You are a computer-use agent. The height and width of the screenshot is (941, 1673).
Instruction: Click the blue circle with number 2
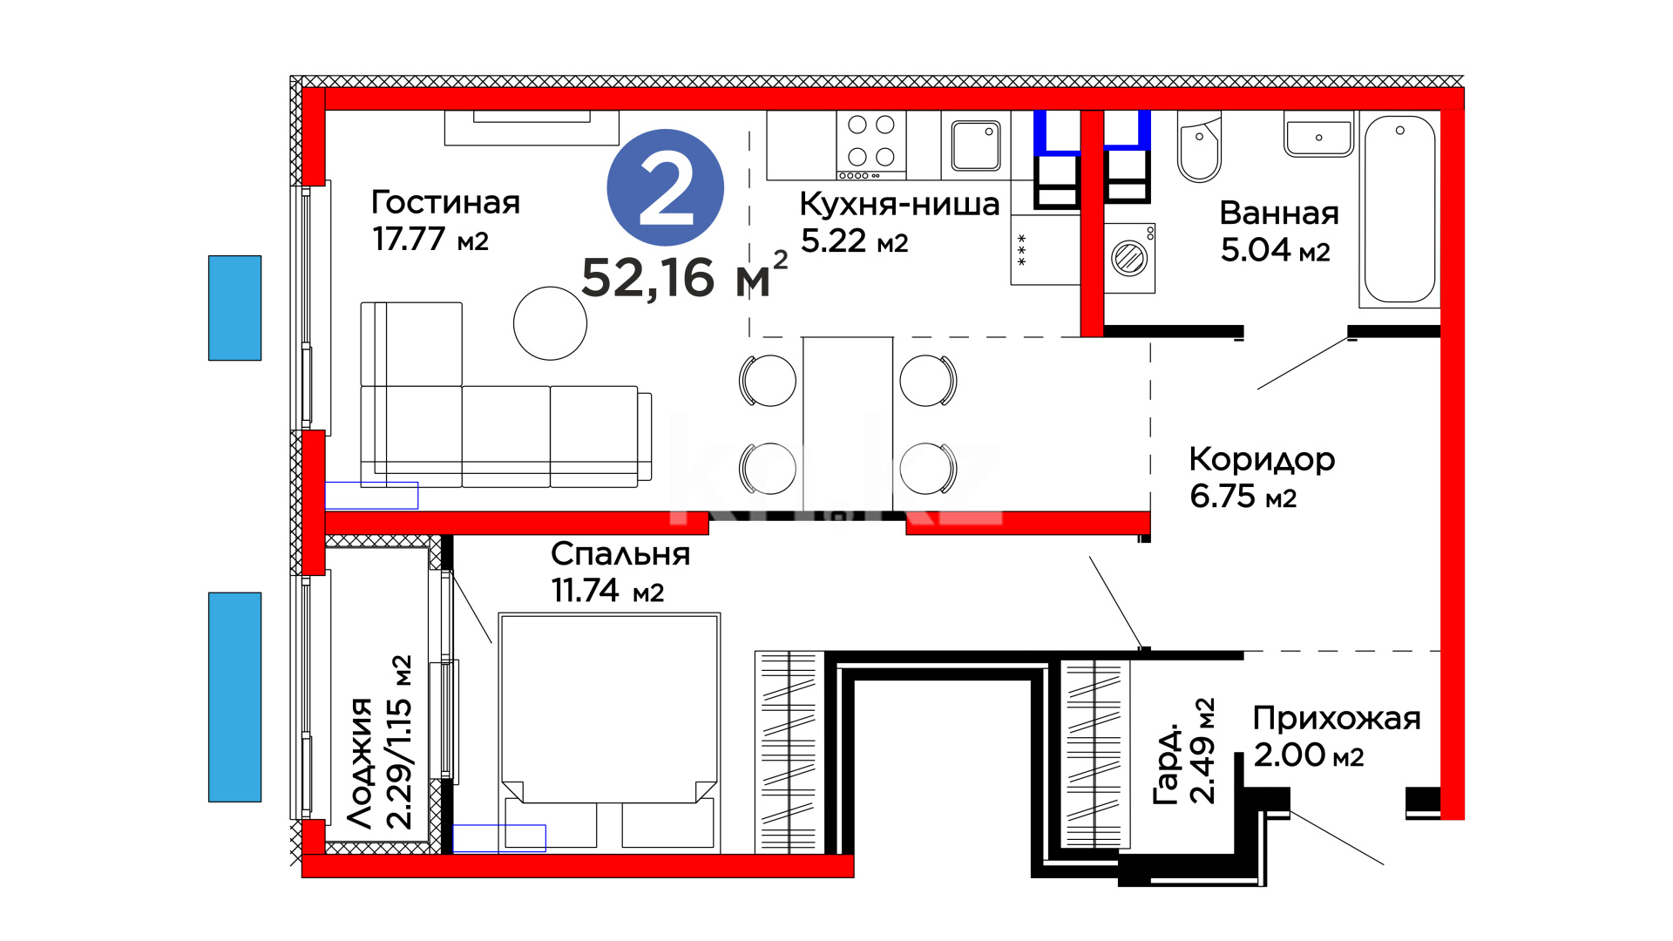point(666,187)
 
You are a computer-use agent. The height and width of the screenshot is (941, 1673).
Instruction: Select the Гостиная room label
point(445,202)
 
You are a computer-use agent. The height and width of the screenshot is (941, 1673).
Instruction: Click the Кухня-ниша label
point(899,204)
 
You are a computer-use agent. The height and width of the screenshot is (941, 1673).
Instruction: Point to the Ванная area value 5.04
point(1256,250)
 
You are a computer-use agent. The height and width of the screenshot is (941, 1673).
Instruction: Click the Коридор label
point(1262,459)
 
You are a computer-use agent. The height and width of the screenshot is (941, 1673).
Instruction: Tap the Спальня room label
point(620,554)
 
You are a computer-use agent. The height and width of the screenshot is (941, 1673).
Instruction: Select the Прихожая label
point(1337,719)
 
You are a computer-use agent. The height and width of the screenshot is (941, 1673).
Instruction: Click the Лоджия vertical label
point(359,762)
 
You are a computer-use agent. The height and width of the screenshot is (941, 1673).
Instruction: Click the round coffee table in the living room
point(550,323)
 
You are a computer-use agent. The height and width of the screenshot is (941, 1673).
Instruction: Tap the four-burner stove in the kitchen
point(871,145)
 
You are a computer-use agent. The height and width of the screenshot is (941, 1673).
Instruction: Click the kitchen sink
point(976,145)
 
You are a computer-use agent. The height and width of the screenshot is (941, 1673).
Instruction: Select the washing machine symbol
point(1129,258)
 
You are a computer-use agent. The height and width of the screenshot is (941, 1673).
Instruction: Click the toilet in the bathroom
point(1199,146)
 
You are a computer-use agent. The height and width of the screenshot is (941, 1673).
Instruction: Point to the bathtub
point(1399,209)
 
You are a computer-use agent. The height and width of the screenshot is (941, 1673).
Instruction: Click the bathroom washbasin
point(1318,135)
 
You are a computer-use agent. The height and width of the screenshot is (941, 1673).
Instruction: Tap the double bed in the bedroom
point(609,732)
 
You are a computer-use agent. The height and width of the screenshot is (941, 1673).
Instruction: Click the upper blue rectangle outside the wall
point(234,308)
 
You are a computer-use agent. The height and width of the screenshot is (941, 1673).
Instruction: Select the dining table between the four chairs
point(848,423)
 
